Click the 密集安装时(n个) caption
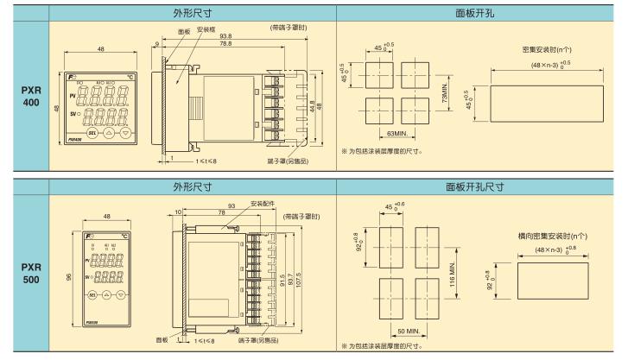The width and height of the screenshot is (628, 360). pos(552,49)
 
